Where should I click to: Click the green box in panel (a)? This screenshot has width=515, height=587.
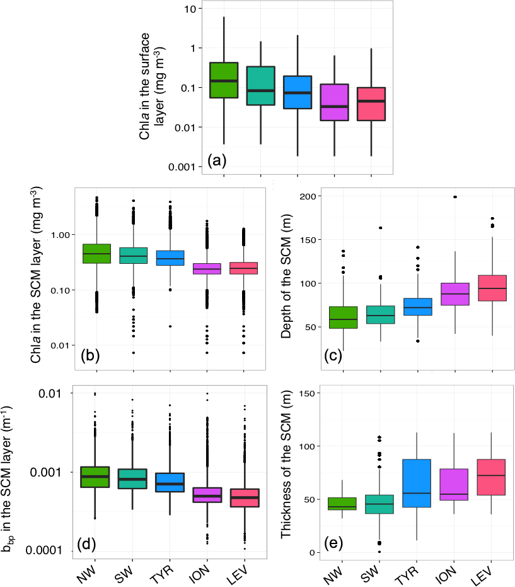(224, 80)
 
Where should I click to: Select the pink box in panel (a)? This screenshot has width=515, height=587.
(371, 104)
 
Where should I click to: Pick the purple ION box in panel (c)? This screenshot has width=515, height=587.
(454, 294)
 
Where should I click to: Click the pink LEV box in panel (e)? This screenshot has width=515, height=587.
(491, 477)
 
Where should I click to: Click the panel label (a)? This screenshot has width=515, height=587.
(216, 161)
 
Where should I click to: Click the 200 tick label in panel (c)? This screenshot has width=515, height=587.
(308, 196)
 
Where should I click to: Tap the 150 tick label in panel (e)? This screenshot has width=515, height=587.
(308, 393)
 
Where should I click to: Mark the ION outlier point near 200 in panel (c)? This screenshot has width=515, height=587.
(454, 197)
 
